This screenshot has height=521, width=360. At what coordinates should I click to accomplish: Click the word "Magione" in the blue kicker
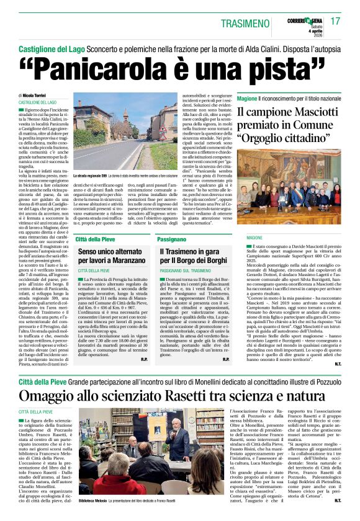click(x=247, y=98)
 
